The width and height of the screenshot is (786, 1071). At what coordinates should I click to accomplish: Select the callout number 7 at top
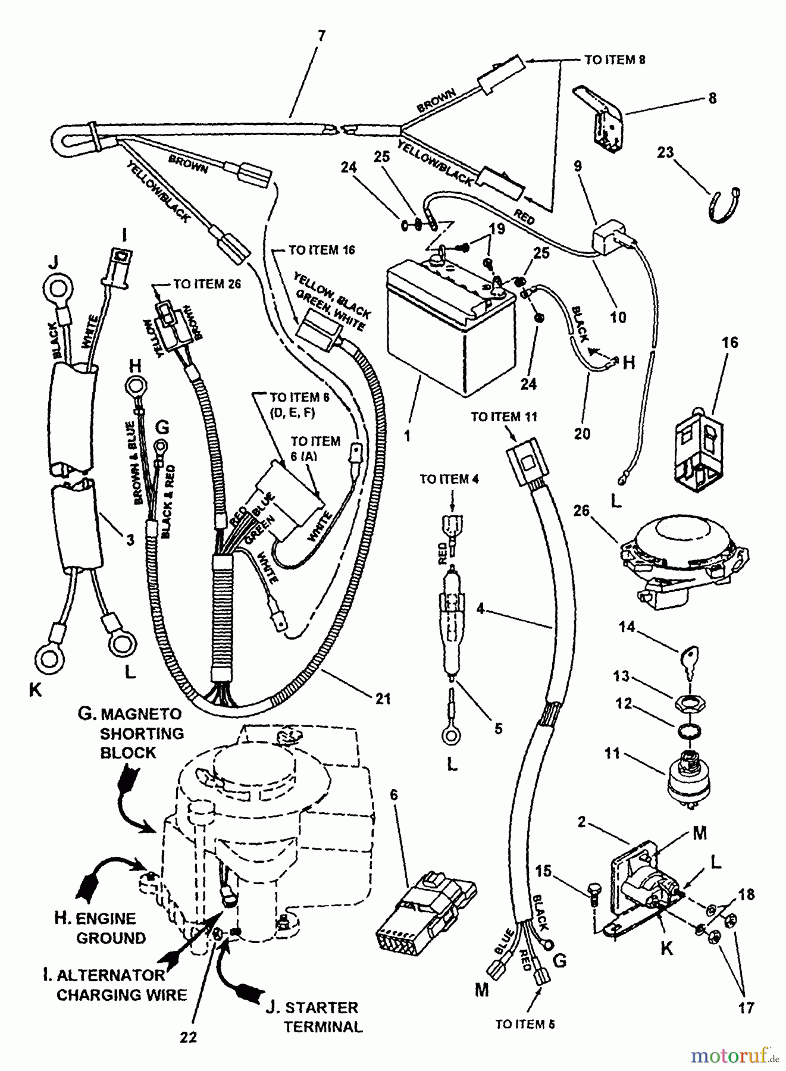[x=321, y=36]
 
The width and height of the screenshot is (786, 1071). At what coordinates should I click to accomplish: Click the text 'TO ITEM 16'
[x=321, y=250]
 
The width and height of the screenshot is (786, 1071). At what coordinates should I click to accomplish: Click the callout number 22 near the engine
[x=188, y=1036]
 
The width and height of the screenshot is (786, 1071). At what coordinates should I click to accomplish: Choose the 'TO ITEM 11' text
[x=504, y=416]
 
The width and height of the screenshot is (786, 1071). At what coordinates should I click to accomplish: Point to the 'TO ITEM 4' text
[x=449, y=479]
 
